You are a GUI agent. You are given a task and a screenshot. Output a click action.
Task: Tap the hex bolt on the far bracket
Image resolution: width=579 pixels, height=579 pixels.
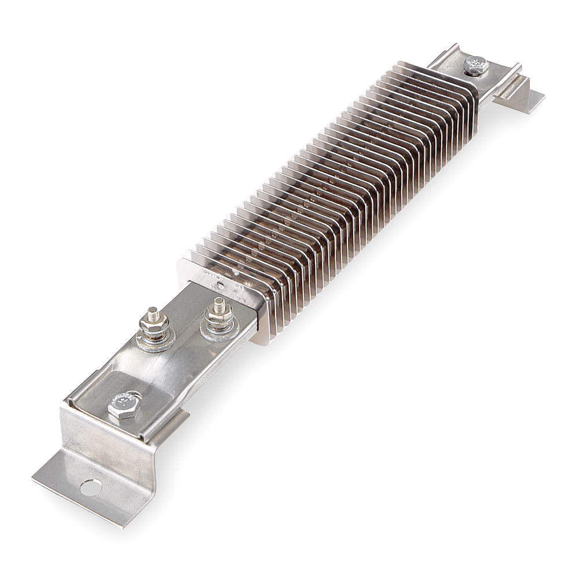[476, 65]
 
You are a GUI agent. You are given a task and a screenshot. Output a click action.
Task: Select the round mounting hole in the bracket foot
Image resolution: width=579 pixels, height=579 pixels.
[90, 488]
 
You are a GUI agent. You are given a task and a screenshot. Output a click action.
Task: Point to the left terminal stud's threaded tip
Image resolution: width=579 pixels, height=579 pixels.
[151, 313]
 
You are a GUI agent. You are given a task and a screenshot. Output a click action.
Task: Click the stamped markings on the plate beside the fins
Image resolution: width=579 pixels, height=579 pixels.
[223, 278]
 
